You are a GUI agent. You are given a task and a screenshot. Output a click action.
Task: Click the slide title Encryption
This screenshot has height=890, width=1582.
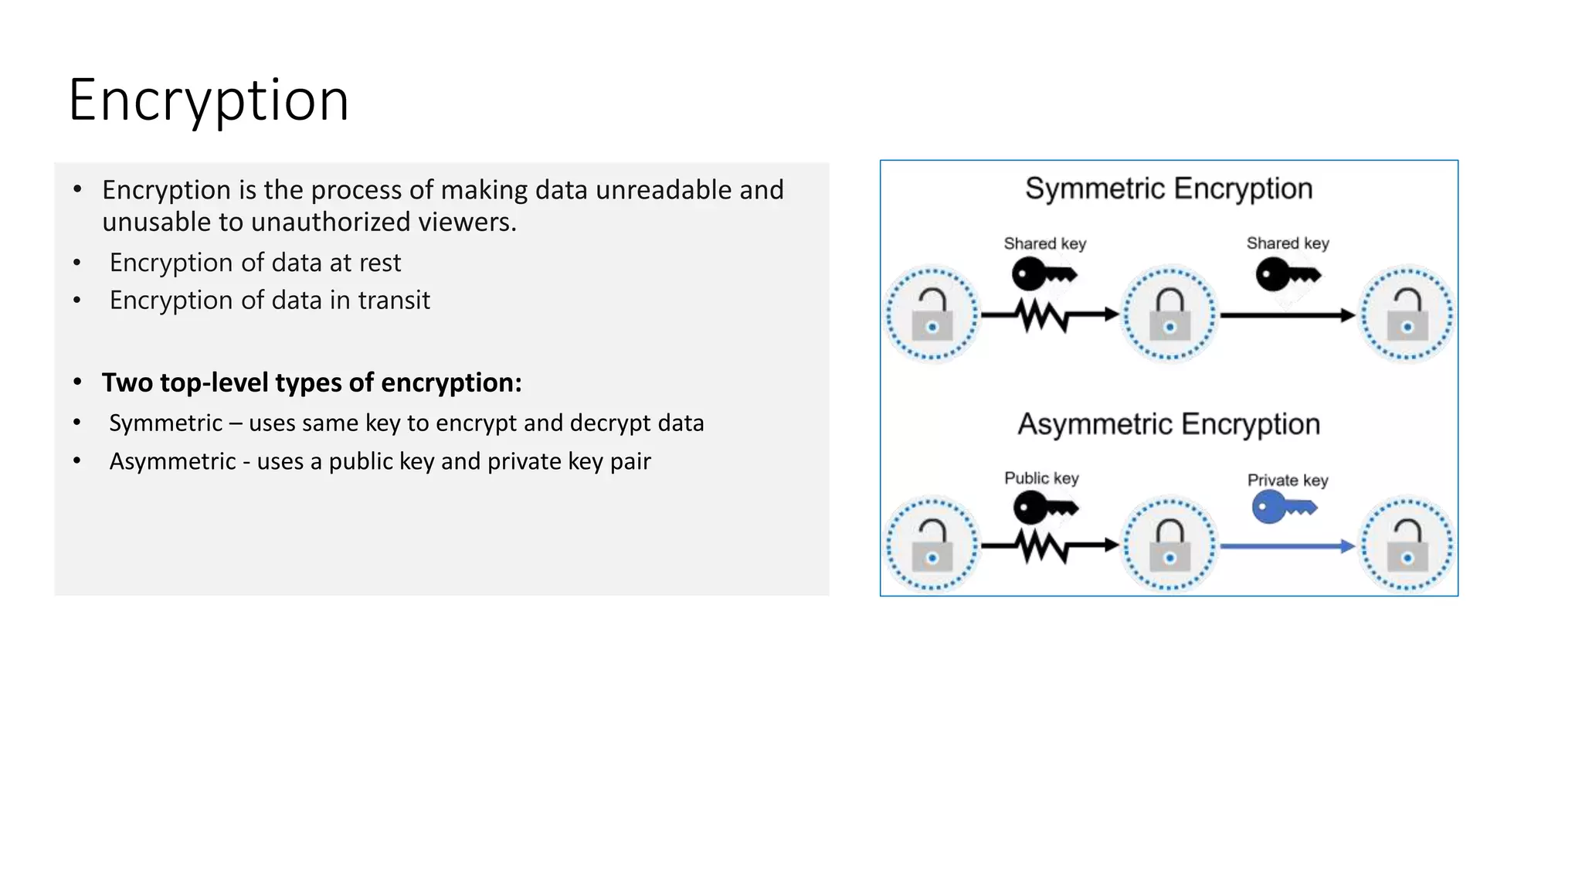209,100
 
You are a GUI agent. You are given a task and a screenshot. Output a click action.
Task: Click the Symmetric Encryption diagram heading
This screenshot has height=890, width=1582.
1169,189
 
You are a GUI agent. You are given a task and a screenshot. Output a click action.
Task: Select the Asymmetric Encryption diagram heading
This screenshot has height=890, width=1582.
1169,424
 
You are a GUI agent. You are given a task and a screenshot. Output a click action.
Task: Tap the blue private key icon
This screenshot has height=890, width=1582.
1282,508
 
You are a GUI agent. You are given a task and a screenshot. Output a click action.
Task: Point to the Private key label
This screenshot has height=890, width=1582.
1288,480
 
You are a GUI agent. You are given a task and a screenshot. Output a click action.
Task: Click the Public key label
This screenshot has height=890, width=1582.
1041,478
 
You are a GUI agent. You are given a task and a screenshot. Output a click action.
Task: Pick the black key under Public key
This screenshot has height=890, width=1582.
1044,508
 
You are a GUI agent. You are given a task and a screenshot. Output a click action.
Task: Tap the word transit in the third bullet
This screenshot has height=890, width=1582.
393,300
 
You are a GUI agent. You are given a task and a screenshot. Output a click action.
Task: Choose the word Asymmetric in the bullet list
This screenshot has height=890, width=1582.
172,461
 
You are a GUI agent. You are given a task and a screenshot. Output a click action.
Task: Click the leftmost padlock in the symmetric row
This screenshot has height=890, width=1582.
932,314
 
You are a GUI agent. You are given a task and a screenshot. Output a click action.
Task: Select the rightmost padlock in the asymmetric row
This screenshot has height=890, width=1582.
1407,545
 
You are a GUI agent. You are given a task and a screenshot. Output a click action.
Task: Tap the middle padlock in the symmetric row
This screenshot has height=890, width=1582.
1170,314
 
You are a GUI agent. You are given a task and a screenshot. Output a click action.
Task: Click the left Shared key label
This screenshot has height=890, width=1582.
1044,243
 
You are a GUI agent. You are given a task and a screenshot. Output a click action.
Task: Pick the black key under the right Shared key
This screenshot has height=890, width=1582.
1287,274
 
